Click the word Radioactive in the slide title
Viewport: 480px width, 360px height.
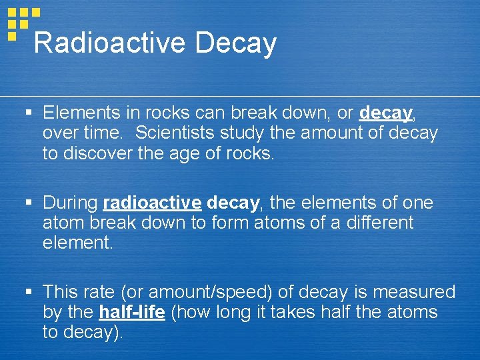109,43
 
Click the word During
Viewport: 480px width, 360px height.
71,203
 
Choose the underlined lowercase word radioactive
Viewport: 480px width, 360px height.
153,203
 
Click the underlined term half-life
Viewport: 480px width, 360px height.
132,312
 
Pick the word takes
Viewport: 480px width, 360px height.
303,312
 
